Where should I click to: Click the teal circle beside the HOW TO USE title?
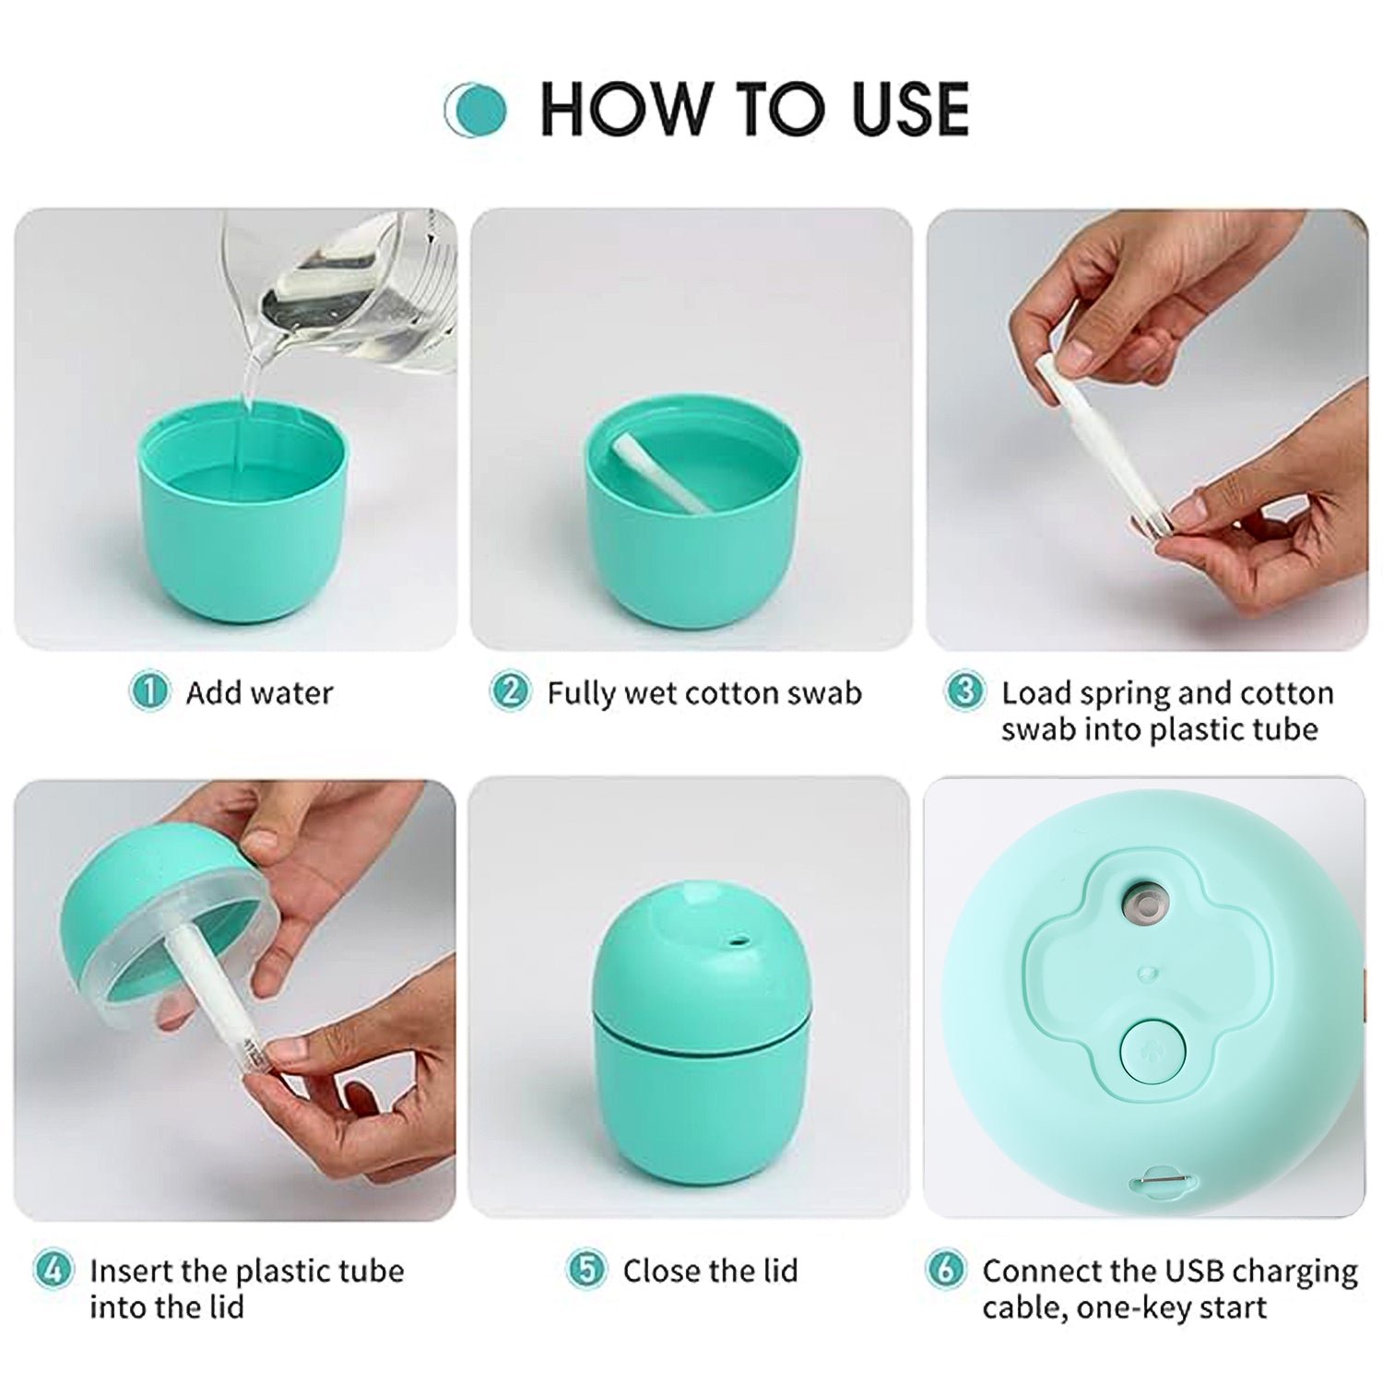pos(477,110)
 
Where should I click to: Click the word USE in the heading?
pos(909,110)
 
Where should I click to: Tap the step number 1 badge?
pos(149,691)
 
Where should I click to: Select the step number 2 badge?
pos(510,691)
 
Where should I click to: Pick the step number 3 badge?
pos(964,691)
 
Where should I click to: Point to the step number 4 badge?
pos(53,1271)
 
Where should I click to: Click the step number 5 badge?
pos(586,1271)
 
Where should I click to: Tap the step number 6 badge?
pos(945,1271)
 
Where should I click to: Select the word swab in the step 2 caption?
pos(823,693)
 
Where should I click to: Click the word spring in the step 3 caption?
pos(1125,693)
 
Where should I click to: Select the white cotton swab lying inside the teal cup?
pos(660,471)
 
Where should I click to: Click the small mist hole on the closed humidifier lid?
pos(736,943)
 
